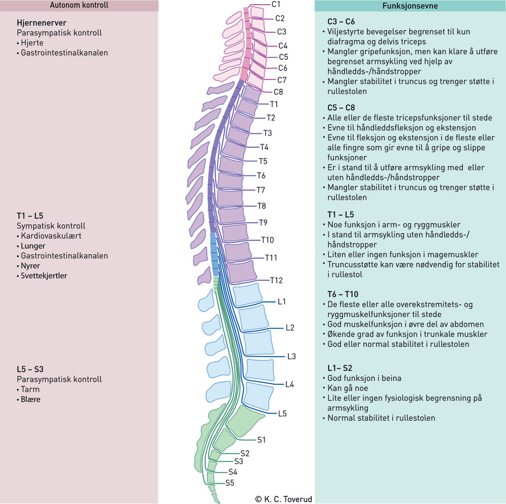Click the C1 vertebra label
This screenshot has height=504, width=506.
[277, 5]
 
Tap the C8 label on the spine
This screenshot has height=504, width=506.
[278, 92]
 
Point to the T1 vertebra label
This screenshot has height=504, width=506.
[274, 104]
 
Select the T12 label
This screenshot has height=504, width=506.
[276, 280]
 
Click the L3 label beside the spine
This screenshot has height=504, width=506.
[291, 357]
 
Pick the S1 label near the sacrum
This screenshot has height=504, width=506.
[262, 440]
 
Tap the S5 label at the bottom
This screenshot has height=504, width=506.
[230, 483]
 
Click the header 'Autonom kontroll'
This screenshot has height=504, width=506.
[79, 6]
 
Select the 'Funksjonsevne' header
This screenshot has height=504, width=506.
[410, 6]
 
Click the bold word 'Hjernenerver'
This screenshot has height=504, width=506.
[41, 23]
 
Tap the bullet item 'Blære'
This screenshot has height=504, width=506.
[30, 399]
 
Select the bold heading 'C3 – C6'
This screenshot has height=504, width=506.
[341, 21]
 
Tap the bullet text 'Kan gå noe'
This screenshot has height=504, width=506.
[348, 388]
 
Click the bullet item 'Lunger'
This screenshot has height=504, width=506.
[33, 246]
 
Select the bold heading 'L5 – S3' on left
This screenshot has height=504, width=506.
[33, 369]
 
